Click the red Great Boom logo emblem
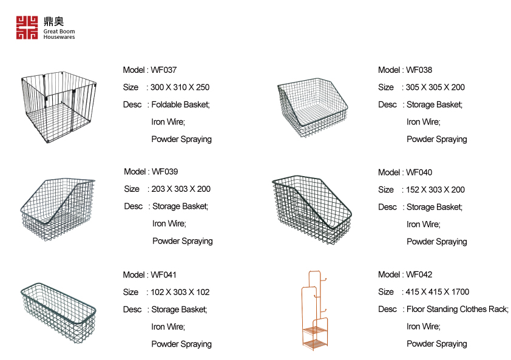coord(27,28)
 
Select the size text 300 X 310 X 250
coord(180,87)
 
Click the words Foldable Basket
coord(180,104)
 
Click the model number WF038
coord(419,70)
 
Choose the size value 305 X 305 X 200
coord(435,87)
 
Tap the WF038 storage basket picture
coord(314,108)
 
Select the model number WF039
coord(165,172)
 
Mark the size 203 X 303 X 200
coord(181,189)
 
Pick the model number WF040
coord(419,172)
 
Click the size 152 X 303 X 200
coord(435,189)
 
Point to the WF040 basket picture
coord(312,209)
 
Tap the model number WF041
coord(164,275)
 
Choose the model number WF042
coord(419,275)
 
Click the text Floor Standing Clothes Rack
coord(457,309)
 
